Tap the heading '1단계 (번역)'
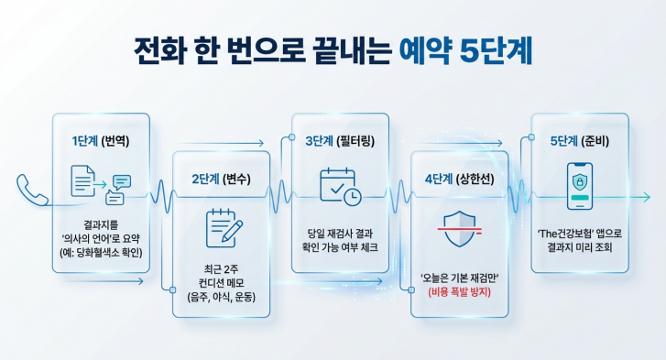click(101, 142)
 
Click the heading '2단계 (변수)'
click(221, 179)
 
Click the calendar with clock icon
click(340, 187)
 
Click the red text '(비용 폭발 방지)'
click(461, 293)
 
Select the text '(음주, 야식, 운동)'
click(221, 298)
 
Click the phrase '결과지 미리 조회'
click(580, 247)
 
